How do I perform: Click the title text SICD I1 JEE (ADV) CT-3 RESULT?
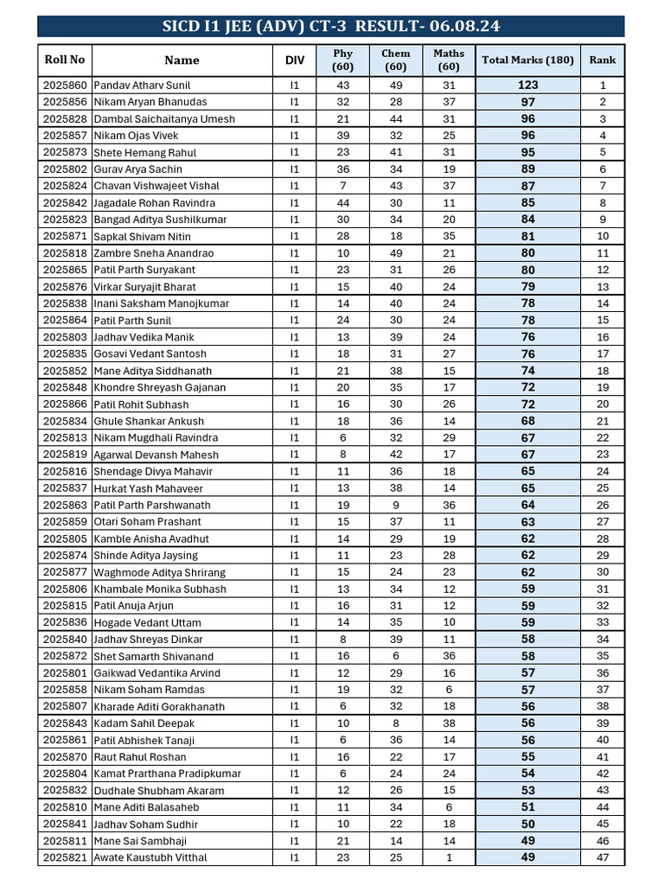click(331, 26)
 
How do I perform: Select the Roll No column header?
click(65, 60)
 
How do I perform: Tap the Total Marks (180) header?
click(527, 60)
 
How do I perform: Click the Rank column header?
click(603, 60)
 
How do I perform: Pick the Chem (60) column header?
click(396, 60)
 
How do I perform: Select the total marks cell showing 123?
click(527, 86)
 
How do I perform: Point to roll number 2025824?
click(65, 186)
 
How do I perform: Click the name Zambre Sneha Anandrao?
click(153, 253)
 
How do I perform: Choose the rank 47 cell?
click(603, 857)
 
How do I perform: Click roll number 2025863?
click(65, 505)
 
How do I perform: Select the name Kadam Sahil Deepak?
click(144, 723)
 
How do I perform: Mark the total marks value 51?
click(527, 807)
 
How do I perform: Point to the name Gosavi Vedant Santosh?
click(150, 353)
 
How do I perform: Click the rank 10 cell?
click(603, 236)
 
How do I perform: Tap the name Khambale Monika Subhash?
click(160, 589)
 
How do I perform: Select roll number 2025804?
click(65, 774)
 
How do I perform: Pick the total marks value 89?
click(527, 169)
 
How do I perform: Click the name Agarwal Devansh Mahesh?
click(156, 455)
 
